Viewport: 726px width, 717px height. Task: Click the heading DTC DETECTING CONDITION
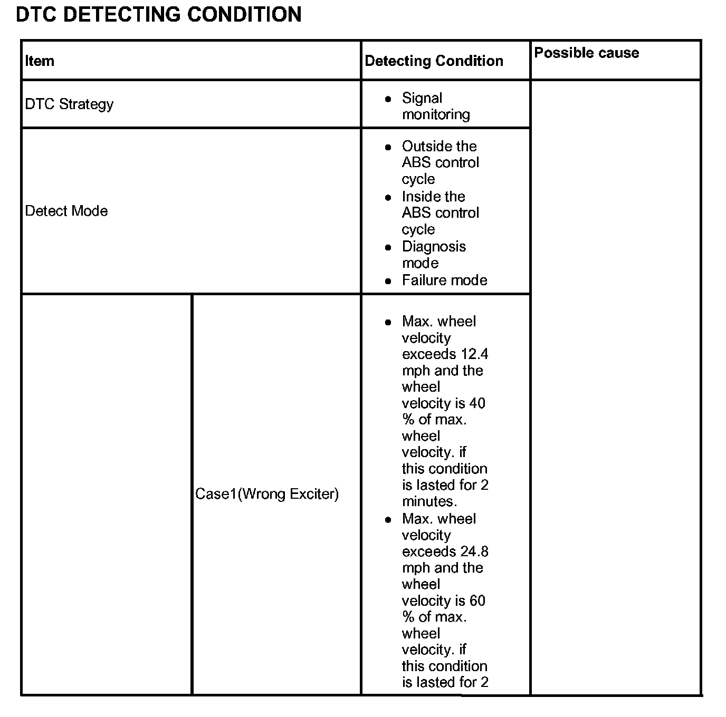[x=158, y=14]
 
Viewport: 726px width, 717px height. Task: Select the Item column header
[x=40, y=61]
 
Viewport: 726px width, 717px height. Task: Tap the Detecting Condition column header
[x=434, y=61]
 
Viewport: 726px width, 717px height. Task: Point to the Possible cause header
[x=586, y=53]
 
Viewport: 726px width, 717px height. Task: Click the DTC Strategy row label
[x=69, y=104]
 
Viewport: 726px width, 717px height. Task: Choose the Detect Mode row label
[x=66, y=211]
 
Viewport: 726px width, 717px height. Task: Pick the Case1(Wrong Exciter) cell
[x=267, y=494]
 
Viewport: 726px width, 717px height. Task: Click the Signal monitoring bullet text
[x=435, y=106]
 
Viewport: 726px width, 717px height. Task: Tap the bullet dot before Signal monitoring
[x=388, y=99]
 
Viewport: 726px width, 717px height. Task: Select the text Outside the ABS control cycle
[x=440, y=162]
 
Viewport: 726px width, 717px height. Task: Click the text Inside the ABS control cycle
[x=440, y=212]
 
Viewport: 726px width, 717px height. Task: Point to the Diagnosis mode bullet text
[x=434, y=255]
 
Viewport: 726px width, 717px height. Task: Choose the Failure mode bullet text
[x=444, y=280]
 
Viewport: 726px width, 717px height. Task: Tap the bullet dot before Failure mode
[x=388, y=281]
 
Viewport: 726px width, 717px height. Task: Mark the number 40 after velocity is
[x=477, y=403]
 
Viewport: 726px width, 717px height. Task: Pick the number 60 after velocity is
[x=477, y=601]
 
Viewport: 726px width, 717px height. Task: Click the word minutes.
[x=429, y=501]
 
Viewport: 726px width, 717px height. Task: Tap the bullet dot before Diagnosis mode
[x=388, y=247]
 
